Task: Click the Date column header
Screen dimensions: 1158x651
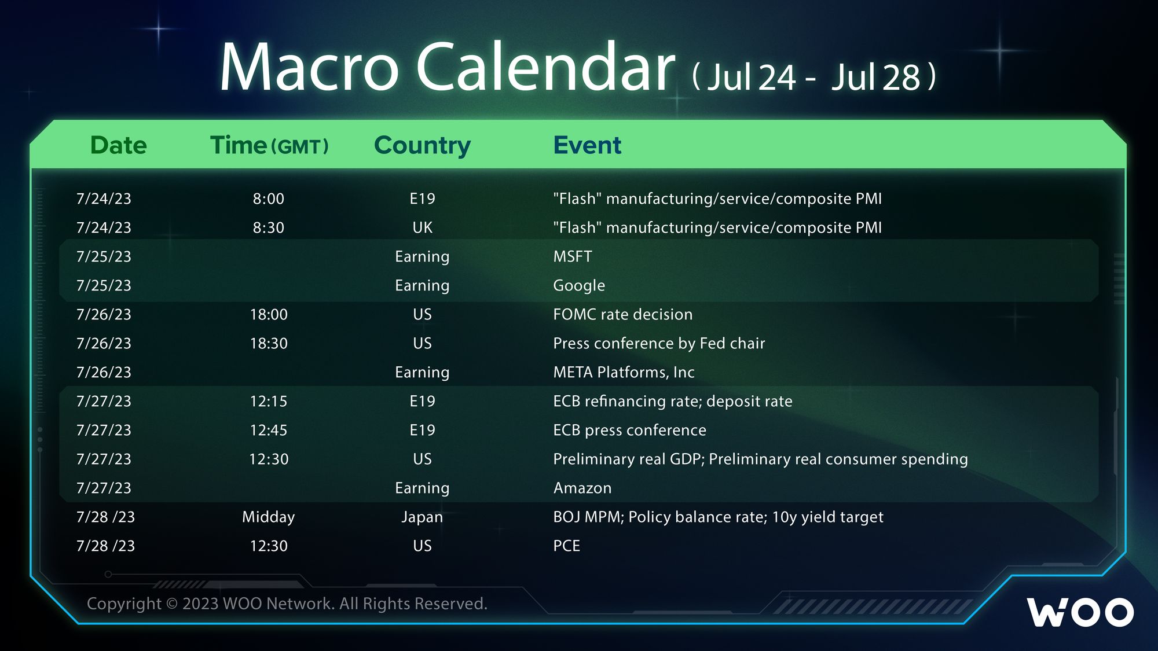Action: click(x=119, y=145)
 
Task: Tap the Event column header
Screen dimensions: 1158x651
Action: click(x=587, y=145)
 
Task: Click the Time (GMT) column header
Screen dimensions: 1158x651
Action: click(x=269, y=146)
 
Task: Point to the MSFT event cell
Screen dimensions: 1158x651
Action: click(x=573, y=256)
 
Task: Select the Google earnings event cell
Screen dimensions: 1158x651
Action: click(x=579, y=286)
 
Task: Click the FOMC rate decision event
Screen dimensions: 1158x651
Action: click(x=623, y=314)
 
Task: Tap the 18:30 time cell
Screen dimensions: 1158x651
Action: click(x=269, y=343)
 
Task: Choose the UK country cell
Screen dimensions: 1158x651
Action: click(x=422, y=227)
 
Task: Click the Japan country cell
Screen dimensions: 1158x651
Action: click(x=422, y=517)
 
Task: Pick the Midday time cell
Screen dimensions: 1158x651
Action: click(x=268, y=517)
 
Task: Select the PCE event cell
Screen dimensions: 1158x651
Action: click(x=566, y=546)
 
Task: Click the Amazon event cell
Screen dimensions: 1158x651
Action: click(x=582, y=488)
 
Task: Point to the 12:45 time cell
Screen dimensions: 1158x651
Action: click(x=269, y=430)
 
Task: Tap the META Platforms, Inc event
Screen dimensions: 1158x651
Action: click(x=624, y=372)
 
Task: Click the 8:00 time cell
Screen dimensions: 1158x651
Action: click(x=269, y=198)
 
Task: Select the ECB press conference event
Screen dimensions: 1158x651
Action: click(x=630, y=431)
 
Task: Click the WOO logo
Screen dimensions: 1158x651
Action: click(x=1080, y=612)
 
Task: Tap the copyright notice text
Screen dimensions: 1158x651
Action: click(x=287, y=604)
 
